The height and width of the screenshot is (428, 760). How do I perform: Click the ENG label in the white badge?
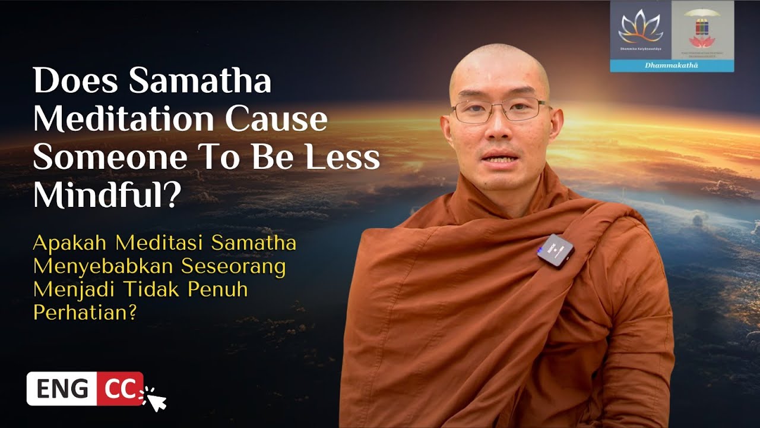[x=62, y=389]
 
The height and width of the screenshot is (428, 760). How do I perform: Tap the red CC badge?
[x=120, y=389]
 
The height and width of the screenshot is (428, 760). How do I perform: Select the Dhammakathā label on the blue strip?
[x=671, y=66]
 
